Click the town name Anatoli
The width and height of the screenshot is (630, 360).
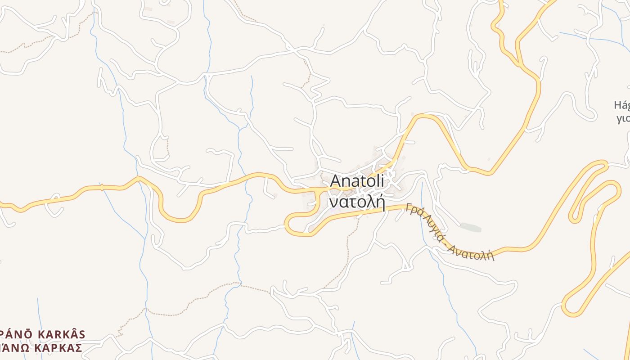pos(357,181)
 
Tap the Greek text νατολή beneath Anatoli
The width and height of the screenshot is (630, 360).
pos(357,202)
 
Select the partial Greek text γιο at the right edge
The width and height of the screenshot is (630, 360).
pos(623,118)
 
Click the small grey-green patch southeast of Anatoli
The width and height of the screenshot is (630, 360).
pos(470,228)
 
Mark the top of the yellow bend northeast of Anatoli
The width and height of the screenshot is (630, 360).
pos(425,116)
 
